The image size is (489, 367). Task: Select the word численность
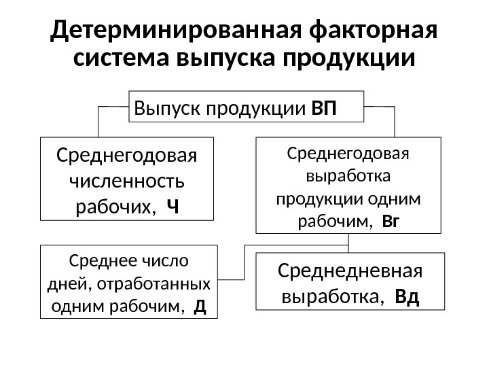126,182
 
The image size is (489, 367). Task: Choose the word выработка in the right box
348,177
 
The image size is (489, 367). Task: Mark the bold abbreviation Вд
407,297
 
